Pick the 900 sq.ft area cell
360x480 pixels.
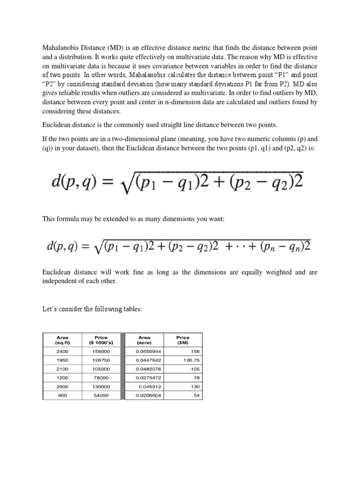[x=62, y=395]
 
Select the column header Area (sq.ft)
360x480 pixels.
[x=62, y=339]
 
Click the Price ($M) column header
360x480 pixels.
[x=182, y=339]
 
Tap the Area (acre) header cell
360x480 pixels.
[x=144, y=339]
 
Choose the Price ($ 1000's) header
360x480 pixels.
[x=101, y=339]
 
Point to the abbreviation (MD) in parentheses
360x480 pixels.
[x=115, y=48]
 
